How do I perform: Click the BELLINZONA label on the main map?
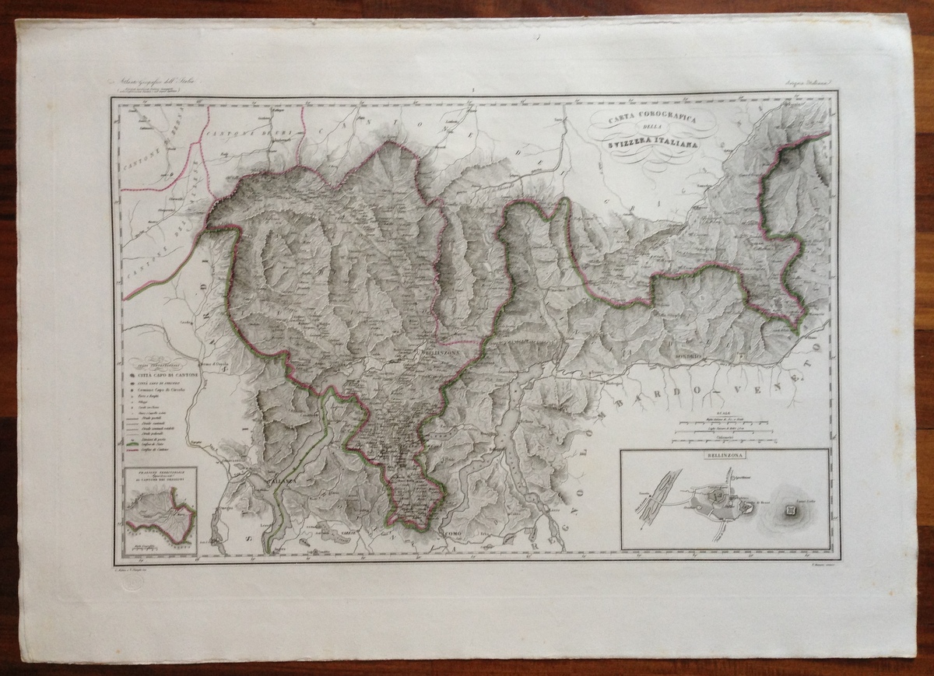(441, 352)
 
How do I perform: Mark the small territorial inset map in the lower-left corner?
(160, 510)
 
